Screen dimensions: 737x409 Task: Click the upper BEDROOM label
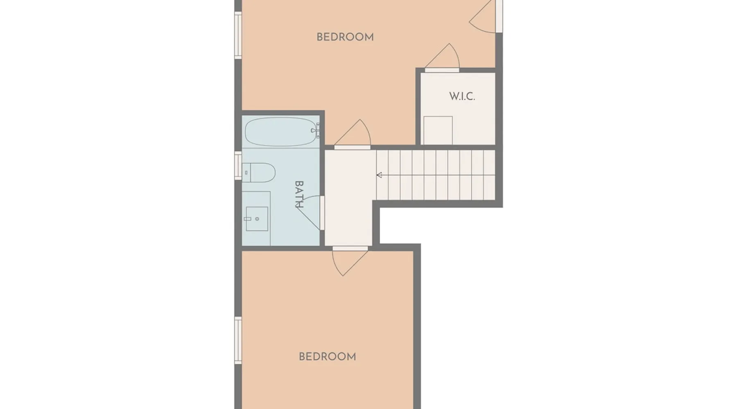pos(345,37)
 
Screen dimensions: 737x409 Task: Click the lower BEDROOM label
pos(327,357)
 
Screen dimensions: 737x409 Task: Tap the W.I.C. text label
pos(462,97)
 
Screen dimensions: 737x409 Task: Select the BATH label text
pos(299,194)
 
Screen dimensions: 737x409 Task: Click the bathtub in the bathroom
pos(281,132)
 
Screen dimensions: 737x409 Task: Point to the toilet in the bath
pos(258,173)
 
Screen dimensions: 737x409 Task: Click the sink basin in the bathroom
pos(257,219)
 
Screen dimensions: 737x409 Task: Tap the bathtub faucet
pos(315,130)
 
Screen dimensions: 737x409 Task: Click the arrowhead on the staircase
pos(379,175)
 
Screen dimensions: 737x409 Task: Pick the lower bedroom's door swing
pos(349,262)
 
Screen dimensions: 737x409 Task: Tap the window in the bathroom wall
pos(238,166)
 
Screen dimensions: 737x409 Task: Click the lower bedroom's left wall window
pos(238,340)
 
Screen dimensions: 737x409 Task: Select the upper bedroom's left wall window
pos(238,35)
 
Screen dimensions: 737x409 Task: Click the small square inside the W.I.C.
pos(438,130)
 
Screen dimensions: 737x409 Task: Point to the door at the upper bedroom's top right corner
pos(486,16)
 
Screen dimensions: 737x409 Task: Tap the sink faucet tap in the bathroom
pos(248,219)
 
